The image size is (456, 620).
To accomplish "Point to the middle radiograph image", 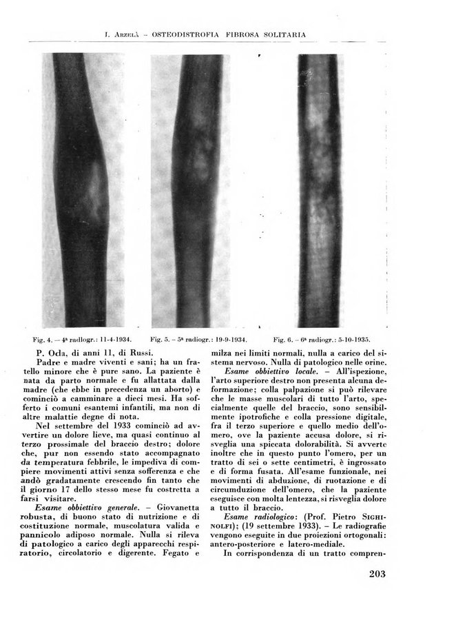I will click(200, 190).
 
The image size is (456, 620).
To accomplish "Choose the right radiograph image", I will click(322, 190).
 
